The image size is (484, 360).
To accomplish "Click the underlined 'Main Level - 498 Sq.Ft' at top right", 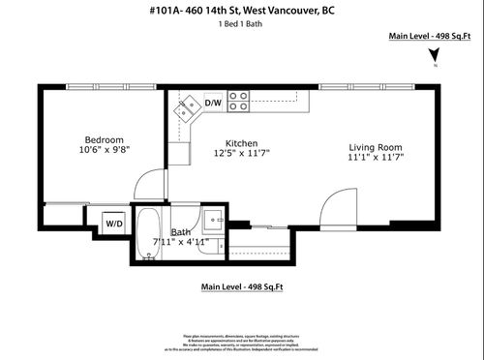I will [x=429, y=36].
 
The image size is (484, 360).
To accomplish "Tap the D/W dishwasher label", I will [x=213, y=102].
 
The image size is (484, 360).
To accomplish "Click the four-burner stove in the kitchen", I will [x=239, y=101].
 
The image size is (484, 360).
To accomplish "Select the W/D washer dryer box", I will [x=114, y=223].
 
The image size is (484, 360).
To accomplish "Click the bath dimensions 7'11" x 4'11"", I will [x=182, y=243].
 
